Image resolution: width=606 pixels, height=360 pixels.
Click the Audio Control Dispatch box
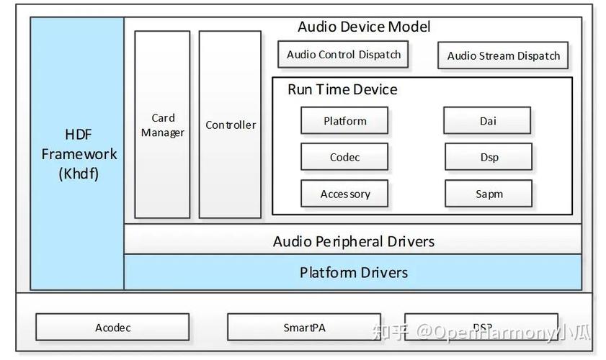(343, 55)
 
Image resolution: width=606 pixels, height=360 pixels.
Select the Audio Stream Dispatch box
(503, 55)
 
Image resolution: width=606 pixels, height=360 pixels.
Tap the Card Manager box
(162, 125)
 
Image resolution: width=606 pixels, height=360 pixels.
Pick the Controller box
(230, 125)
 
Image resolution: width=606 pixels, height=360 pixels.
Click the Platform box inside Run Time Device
(344, 120)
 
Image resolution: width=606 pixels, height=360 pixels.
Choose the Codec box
(344, 157)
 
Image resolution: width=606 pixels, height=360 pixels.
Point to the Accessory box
(344, 194)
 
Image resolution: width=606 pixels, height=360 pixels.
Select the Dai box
(487, 120)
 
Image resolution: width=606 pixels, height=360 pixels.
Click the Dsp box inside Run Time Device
(489, 157)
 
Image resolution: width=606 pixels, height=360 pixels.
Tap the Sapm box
(489, 194)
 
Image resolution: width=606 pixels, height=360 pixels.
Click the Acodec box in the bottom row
(112, 327)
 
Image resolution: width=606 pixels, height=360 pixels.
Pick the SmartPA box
(304, 327)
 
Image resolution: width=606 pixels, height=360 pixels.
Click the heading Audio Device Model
(364, 27)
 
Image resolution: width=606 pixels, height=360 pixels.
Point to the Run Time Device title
(342, 89)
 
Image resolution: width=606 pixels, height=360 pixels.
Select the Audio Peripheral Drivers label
(354, 242)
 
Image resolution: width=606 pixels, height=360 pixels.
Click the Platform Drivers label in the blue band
(354, 273)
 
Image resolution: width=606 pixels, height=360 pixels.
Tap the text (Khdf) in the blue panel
(79, 174)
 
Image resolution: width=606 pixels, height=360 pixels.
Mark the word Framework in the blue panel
(79, 154)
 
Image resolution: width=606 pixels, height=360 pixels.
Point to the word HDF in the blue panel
(79, 135)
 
